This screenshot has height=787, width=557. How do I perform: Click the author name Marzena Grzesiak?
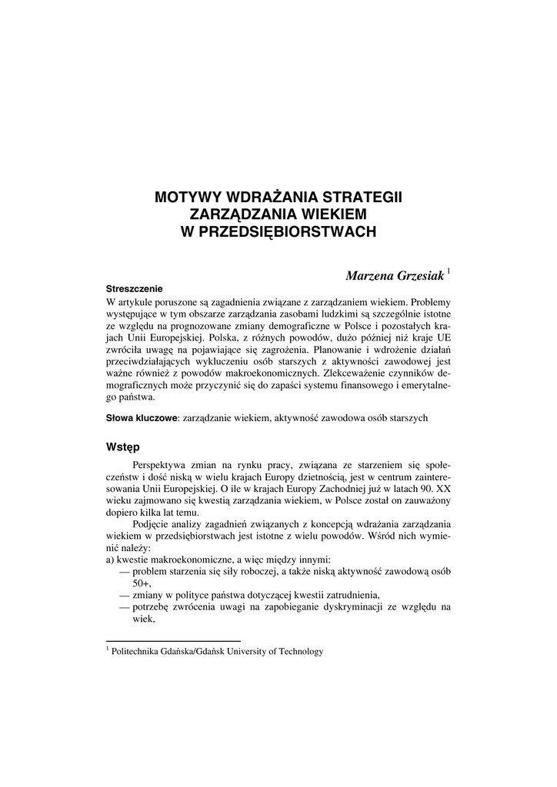coord(395,275)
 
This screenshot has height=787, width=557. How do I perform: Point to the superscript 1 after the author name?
coord(449,271)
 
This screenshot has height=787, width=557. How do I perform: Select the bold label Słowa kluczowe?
coord(141,418)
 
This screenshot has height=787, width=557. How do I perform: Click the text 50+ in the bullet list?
coord(142,583)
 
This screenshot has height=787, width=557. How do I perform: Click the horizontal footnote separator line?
coord(173,641)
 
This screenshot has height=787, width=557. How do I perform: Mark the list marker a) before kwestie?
coord(110,560)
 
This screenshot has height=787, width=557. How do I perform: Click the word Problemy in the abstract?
coord(429,302)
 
